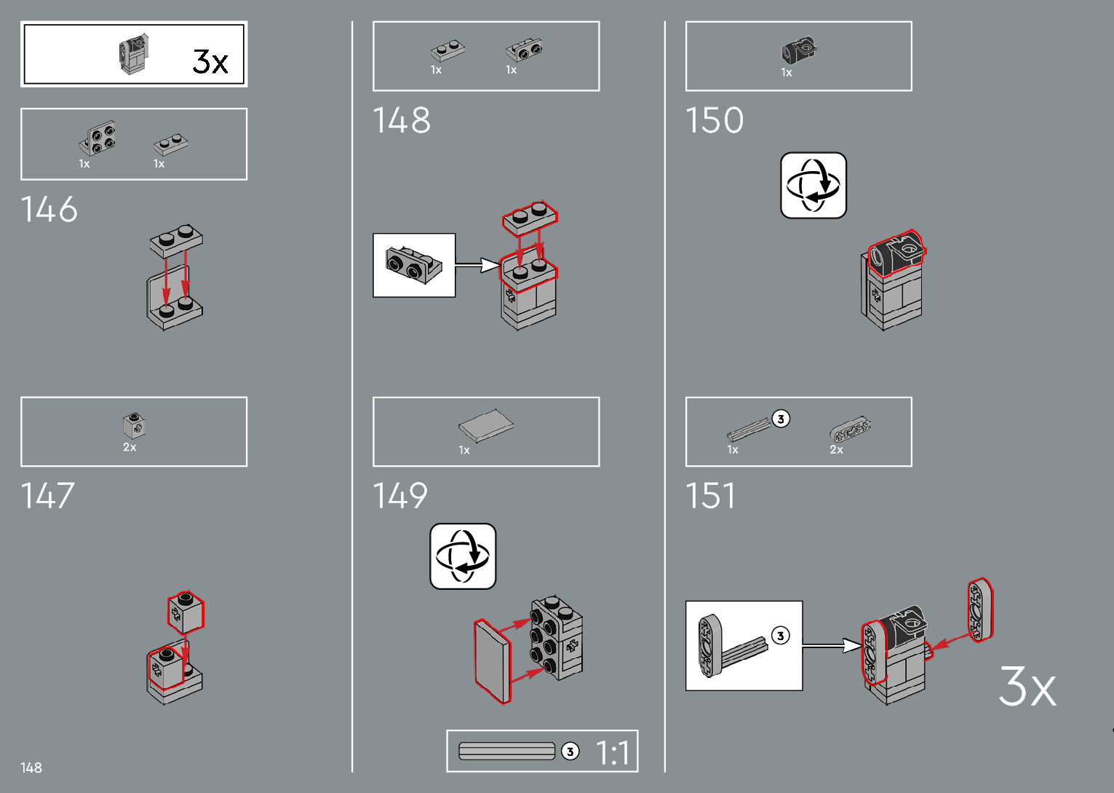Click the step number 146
click(49, 210)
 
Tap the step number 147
click(48, 496)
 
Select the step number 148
click(401, 121)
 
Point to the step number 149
click(400, 496)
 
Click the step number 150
click(714, 121)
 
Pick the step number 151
click(710, 496)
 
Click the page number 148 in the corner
click(31, 768)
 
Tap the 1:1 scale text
click(612, 752)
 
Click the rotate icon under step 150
click(813, 185)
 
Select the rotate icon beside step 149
click(463, 556)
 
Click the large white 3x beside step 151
click(1027, 686)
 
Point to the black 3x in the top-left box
click(210, 61)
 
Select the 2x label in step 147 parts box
click(130, 447)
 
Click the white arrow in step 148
click(477, 265)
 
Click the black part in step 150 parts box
click(799, 50)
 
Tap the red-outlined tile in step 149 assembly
click(492, 661)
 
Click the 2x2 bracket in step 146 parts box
click(98, 138)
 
